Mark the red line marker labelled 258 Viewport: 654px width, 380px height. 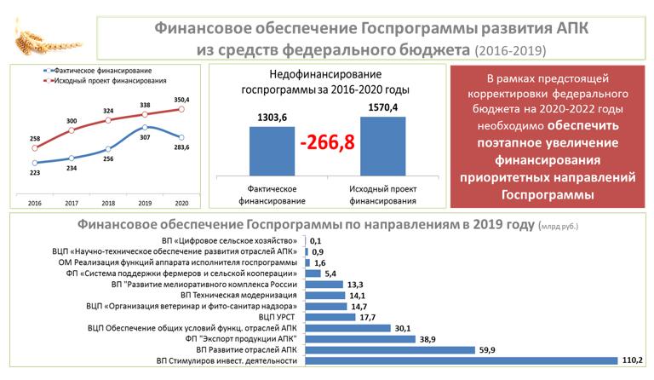point(35,148)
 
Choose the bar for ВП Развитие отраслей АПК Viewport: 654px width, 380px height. point(388,349)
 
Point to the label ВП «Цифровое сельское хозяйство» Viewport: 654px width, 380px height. point(227,242)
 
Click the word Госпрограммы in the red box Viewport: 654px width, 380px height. point(545,194)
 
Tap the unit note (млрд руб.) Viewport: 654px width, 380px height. point(560,227)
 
